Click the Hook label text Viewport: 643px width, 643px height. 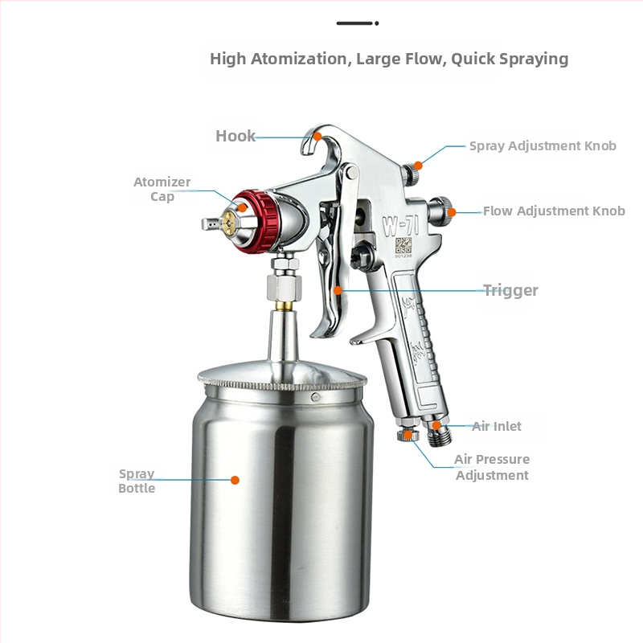235,136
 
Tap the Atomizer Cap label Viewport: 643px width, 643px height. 162,189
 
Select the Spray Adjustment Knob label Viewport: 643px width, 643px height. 543,146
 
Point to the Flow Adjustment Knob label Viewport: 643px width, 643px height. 554,211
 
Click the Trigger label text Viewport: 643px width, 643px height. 510,290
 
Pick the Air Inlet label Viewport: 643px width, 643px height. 497,426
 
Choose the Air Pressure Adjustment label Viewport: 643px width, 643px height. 492,467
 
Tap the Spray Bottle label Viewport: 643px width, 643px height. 137,481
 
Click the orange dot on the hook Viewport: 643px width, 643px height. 317,137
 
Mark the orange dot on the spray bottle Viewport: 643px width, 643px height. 235,480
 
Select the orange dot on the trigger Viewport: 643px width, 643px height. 338,290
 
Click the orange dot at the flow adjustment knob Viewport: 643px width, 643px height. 452,212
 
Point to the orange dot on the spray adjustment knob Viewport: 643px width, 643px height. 418,166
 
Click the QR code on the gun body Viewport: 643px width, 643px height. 403,245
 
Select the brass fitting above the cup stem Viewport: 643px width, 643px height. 284,305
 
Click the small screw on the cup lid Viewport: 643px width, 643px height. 316,396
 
